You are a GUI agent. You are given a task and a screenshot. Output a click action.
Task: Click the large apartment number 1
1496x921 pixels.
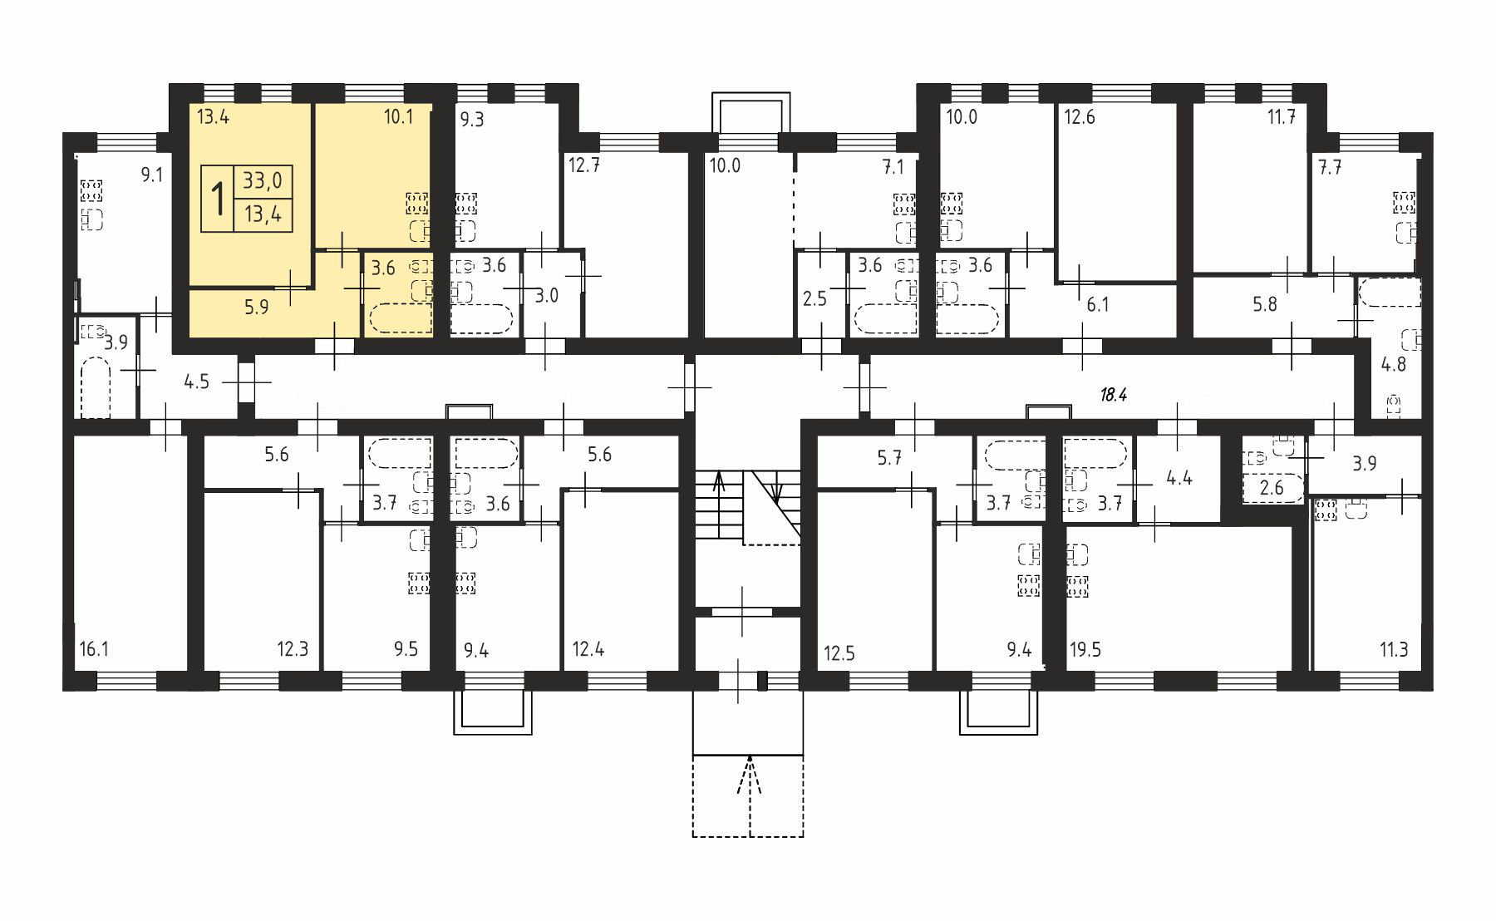point(219,199)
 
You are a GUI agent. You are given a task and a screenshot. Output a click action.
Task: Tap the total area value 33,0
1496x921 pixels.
point(263,180)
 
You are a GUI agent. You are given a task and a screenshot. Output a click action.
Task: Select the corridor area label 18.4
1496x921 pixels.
point(1113,395)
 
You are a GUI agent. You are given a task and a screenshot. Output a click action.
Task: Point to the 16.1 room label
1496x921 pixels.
point(94,649)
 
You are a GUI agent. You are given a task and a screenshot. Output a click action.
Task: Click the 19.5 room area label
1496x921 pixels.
point(1085,649)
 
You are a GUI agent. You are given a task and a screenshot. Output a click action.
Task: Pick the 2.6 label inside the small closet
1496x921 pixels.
point(1272,488)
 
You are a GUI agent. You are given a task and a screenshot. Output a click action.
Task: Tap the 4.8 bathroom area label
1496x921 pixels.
point(1393,363)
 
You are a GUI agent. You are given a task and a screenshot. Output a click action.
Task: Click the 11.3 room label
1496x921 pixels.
point(1394,649)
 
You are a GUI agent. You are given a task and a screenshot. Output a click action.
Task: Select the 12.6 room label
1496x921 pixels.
point(1080,117)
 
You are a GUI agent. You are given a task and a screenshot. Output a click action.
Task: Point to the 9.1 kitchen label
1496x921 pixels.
point(151,175)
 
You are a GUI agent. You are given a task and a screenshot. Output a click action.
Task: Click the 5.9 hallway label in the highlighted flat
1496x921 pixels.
point(257,307)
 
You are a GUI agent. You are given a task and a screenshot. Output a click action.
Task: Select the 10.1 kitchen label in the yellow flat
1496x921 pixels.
point(398,117)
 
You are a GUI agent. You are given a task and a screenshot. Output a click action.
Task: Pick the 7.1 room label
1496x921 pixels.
point(893,168)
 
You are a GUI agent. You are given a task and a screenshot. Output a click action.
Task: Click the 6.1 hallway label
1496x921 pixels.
point(1098,305)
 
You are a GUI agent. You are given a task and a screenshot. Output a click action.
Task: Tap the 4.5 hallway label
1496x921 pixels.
point(197,382)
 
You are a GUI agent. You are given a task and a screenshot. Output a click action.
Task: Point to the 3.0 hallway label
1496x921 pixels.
point(546,295)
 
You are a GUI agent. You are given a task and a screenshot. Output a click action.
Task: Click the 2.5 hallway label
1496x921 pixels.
point(815,298)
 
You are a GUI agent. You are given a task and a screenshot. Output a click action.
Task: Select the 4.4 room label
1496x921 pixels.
point(1179,478)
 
